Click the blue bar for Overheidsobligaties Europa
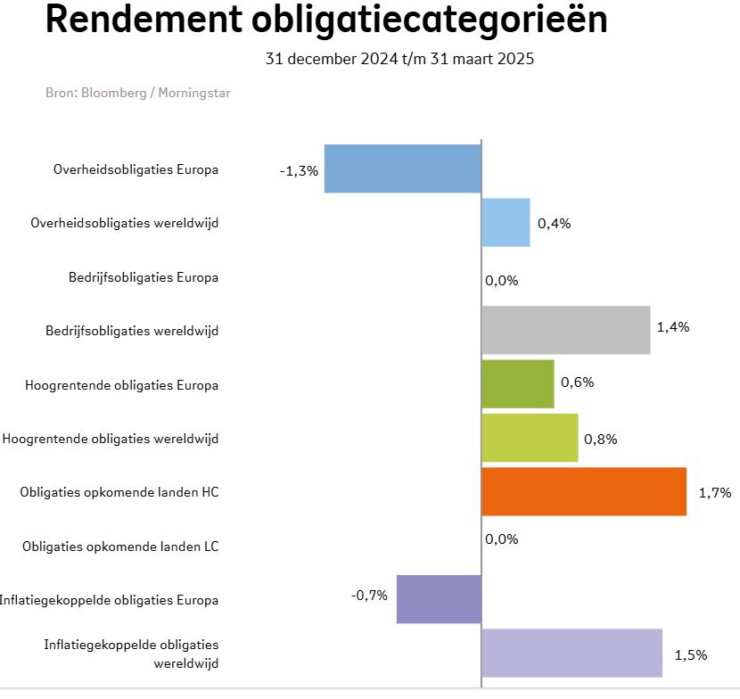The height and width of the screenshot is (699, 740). [x=402, y=169]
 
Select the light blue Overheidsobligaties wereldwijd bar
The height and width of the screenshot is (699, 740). [x=506, y=223]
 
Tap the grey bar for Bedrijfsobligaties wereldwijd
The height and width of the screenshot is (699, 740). [x=565, y=330]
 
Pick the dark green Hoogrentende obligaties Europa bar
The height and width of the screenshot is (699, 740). [x=517, y=384]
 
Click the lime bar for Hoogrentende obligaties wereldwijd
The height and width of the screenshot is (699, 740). [x=530, y=438]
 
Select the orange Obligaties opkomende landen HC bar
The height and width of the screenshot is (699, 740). [x=584, y=491]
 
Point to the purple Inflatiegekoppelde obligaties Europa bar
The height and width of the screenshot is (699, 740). [x=439, y=598]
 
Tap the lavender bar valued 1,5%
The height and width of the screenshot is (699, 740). [x=571, y=653]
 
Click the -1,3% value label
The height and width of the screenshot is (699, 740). [x=299, y=170]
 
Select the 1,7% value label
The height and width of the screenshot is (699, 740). [x=715, y=491]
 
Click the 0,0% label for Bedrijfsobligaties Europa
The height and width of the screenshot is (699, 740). [x=501, y=280]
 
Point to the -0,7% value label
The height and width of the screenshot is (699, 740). [x=369, y=595]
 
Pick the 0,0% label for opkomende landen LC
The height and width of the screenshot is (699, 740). [x=501, y=539]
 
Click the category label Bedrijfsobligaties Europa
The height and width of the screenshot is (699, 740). [x=144, y=277]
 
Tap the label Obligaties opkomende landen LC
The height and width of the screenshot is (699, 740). [x=120, y=546]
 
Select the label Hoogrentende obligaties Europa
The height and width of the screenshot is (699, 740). [x=122, y=385]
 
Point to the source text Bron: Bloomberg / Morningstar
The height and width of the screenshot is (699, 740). [x=137, y=93]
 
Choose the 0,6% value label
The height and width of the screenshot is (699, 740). [x=577, y=382]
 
